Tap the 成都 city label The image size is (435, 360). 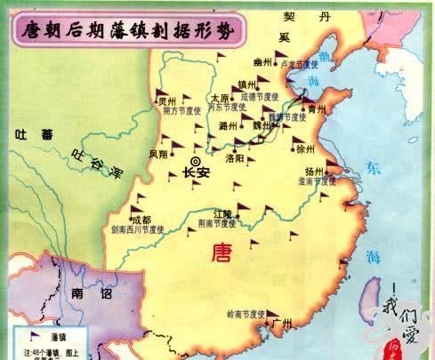tap(141, 220)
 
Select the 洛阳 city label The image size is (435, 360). tap(235, 157)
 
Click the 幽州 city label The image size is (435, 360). tap(262, 62)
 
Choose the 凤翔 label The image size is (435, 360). tap(158, 154)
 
